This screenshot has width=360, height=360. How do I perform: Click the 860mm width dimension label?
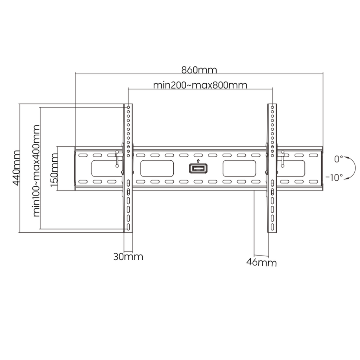[x=199, y=70]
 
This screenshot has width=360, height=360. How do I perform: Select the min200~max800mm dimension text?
[x=200, y=85]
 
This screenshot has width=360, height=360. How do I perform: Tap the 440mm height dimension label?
[x=16, y=168]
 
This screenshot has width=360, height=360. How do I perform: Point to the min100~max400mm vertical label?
[x=36, y=171]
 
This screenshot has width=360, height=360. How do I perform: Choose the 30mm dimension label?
[x=128, y=257]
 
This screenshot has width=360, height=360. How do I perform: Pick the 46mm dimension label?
[x=262, y=262]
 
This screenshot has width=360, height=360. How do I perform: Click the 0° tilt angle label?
[x=338, y=159]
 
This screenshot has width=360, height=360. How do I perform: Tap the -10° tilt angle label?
[x=334, y=177]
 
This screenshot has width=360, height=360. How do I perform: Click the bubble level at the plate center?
[x=198, y=168]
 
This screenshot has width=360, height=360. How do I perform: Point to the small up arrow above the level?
[x=198, y=161]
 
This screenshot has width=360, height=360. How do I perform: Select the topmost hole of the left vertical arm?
[x=128, y=107]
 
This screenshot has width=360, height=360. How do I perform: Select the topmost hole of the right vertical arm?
[x=272, y=107]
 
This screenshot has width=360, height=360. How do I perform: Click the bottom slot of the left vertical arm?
[x=128, y=227]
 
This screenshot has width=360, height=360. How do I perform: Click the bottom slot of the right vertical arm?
[x=272, y=227]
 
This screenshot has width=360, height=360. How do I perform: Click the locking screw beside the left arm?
[x=117, y=159]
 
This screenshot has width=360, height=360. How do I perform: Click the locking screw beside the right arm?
[x=282, y=159]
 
